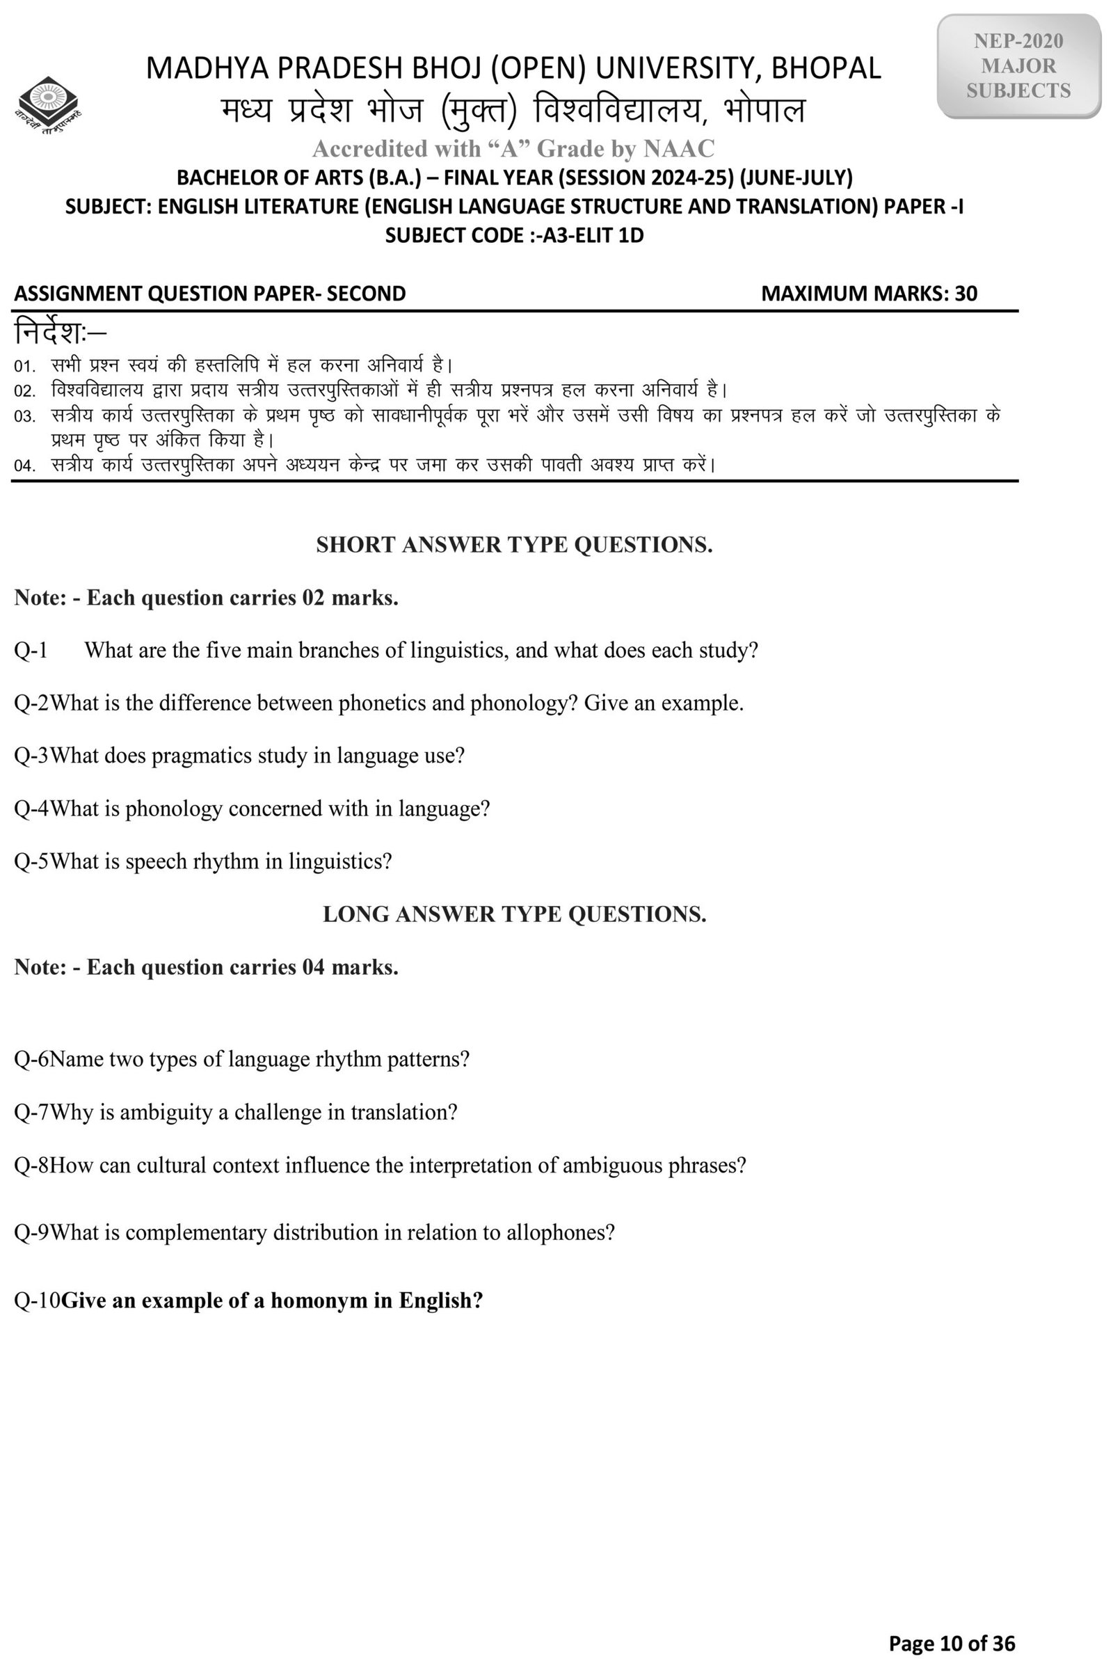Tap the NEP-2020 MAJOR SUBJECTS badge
1018,66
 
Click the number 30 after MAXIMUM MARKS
966,293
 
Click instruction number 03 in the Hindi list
25,416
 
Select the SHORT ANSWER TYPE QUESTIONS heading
514,545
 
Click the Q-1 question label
31,650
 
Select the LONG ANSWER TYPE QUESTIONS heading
514,914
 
